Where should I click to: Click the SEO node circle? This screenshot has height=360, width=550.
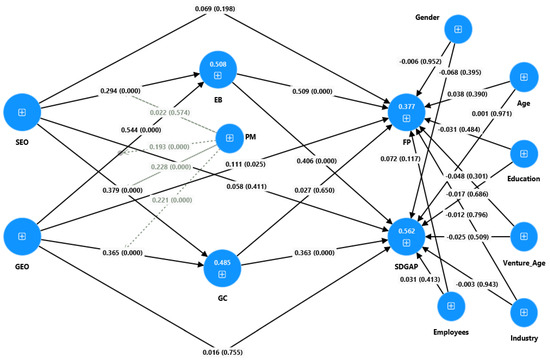(x=22, y=112)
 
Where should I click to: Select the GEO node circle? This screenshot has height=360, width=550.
(x=22, y=236)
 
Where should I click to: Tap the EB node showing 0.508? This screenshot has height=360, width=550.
(x=218, y=69)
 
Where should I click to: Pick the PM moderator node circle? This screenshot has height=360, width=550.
(x=230, y=138)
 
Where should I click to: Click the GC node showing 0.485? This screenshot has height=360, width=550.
(x=222, y=268)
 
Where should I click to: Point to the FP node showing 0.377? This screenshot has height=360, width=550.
(x=406, y=112)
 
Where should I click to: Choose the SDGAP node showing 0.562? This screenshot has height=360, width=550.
(x=406, y=237)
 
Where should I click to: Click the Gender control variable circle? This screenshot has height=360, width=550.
(x=458, y=29)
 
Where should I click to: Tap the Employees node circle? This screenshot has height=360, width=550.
(x=451, y=306)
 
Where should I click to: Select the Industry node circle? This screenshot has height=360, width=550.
(x=524, y=312)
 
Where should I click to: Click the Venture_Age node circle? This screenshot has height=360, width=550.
(x=524, y=236)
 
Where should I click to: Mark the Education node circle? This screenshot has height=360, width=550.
(x=524, y=154)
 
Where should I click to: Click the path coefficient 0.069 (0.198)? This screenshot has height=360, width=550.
(x=215, y=8)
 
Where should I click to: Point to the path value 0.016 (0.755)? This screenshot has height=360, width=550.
(x=222, y=352)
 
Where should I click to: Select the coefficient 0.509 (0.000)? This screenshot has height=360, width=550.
(x=312, y=92)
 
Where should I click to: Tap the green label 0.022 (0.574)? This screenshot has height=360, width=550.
(x=170, y=113)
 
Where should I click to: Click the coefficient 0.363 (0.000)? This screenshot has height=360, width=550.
(x=314, y=253)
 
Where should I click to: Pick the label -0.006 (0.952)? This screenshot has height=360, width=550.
(x=420, y=61)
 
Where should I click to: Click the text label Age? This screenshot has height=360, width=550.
(x=523, y=103)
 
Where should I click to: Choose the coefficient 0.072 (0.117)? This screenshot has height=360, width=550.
(x=400, y=159)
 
